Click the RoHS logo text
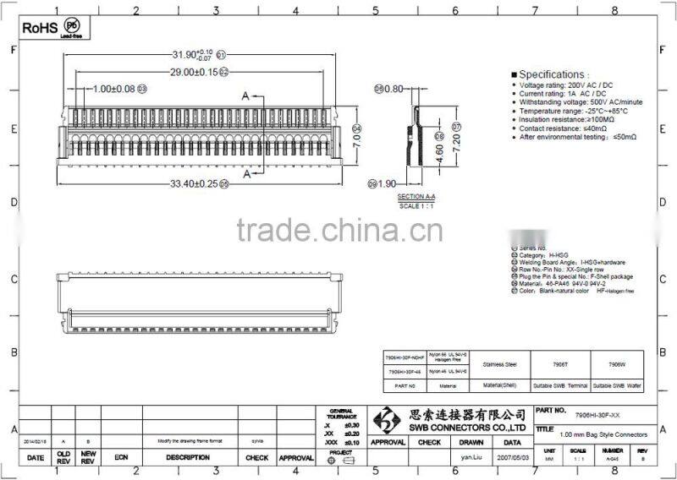39,28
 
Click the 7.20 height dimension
456,144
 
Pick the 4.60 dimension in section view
439,153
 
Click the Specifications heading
552,74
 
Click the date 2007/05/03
512,456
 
